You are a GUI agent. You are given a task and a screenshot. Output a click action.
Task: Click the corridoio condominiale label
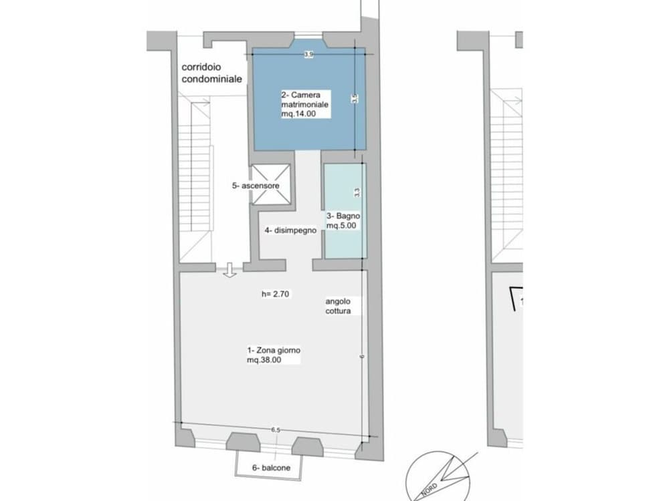211,73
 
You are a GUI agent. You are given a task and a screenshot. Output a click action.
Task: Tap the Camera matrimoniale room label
304,100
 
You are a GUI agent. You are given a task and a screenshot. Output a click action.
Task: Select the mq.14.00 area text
298,114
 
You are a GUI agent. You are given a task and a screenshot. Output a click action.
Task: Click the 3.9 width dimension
308,55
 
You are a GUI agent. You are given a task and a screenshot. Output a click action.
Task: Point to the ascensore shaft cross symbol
272,184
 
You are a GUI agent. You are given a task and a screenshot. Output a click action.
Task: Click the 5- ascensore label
256,186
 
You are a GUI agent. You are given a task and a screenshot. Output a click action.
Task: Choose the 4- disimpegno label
290,230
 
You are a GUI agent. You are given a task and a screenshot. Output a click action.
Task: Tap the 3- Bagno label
343,216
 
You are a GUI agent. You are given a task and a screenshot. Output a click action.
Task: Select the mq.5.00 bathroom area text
341,226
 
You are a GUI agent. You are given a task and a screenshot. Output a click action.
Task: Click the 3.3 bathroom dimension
357,192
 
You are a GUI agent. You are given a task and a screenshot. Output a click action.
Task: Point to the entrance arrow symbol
230,270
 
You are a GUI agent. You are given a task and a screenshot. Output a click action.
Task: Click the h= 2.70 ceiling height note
276,293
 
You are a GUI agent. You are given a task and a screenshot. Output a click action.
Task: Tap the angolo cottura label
339,306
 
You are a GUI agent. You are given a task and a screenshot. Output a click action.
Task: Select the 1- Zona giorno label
274,351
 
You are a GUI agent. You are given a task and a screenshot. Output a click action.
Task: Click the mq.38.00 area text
264,361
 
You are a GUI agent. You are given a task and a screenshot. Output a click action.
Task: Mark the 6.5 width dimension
276,430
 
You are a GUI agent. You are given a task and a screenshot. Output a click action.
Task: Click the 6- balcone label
271,468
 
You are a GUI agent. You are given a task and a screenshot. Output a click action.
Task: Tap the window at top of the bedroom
308,35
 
